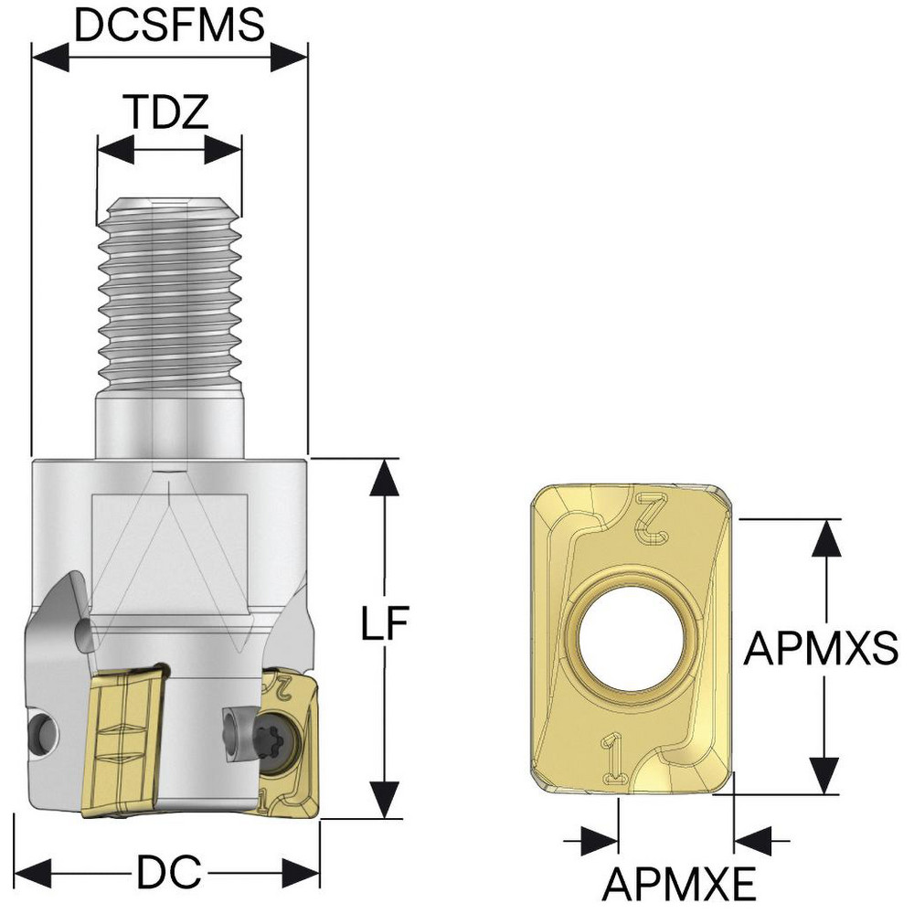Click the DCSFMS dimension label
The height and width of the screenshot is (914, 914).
pos(169,26)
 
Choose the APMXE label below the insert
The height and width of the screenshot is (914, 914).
pos(678,884)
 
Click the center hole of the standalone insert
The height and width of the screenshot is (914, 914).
pos(632,636)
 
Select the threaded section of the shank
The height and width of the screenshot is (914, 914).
pos(170,292)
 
